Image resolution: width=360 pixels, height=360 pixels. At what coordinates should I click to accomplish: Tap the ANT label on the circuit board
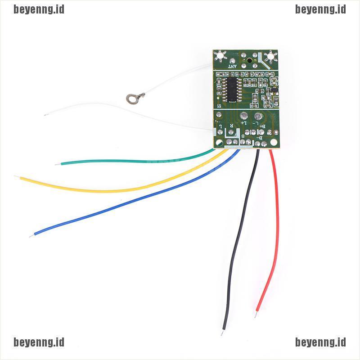pyautogui.click(x=232, y=67)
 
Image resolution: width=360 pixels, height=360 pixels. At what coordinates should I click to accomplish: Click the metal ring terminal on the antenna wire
pyautogui.click(x=131, y=96)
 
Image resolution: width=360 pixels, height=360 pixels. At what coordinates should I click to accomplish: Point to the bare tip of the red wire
pyautogui.click(x=257, y=310)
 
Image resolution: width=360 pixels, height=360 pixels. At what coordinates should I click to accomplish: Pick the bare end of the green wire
pyautogui.click(x=56, y=164)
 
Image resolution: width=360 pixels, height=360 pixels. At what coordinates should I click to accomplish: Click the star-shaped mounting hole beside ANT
pyautogui.click(x=220, y=57)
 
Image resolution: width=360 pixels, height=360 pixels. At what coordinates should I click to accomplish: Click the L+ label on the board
pyautogui.click(x=243, y=122)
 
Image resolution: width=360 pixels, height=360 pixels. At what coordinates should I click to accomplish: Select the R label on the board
pyautogui.click(x=232, y=126)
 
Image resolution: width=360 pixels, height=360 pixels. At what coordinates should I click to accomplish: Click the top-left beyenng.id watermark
pyautogui.click(x=39, y=9)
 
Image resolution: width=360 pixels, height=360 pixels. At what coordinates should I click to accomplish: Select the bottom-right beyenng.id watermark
pyautogui.click(x=320, y=342)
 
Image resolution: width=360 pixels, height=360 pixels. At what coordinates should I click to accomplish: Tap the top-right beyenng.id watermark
pyautogui.click(x=320, y=9)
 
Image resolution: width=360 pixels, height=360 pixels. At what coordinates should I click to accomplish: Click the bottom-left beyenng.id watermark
pyautogui.click(x=39, y=342)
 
